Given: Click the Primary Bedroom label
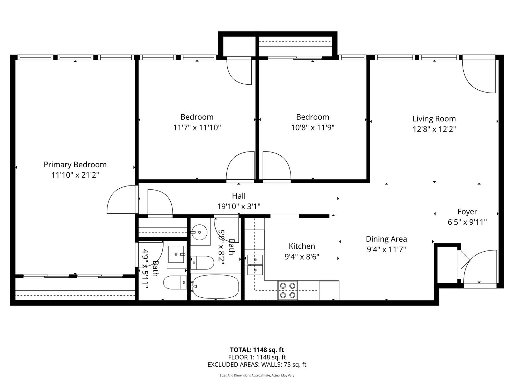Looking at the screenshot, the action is click(75, 164).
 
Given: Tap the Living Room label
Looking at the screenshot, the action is click(434, 119).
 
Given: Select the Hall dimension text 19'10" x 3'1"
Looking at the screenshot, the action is click(239, 207).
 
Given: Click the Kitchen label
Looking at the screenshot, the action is click(302, 246).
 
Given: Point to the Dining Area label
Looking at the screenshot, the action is click(386, 239).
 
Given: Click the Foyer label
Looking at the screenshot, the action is click(467, 212).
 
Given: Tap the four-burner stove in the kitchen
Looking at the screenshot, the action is click(288, 290).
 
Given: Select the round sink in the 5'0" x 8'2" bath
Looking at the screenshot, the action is click(199, 232).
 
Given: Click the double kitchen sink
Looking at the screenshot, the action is click(255, 265).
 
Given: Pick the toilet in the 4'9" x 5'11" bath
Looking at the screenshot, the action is click(175, 282).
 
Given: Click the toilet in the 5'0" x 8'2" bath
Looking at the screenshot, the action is click(202, 263).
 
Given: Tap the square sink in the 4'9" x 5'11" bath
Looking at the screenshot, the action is click(176, 254).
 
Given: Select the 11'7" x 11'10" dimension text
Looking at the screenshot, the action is click(197, 128).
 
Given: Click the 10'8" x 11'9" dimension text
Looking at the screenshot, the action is click(313, 128).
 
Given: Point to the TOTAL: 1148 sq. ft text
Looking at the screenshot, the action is click(257, 350).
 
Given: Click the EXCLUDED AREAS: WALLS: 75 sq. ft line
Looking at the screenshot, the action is click(257, 365).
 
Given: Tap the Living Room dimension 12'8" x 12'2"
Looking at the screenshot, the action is click(434, 129).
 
